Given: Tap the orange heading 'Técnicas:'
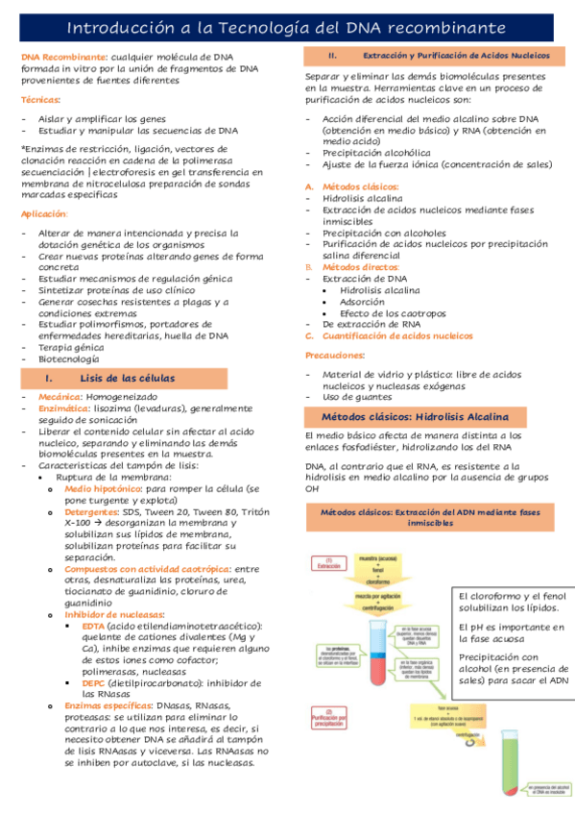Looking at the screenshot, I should (40, 100).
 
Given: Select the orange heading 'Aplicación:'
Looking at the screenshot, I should (44, 213).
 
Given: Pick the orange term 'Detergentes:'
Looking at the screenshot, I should (91, 512).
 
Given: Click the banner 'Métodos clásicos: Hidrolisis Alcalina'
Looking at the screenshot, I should (427, 417).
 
